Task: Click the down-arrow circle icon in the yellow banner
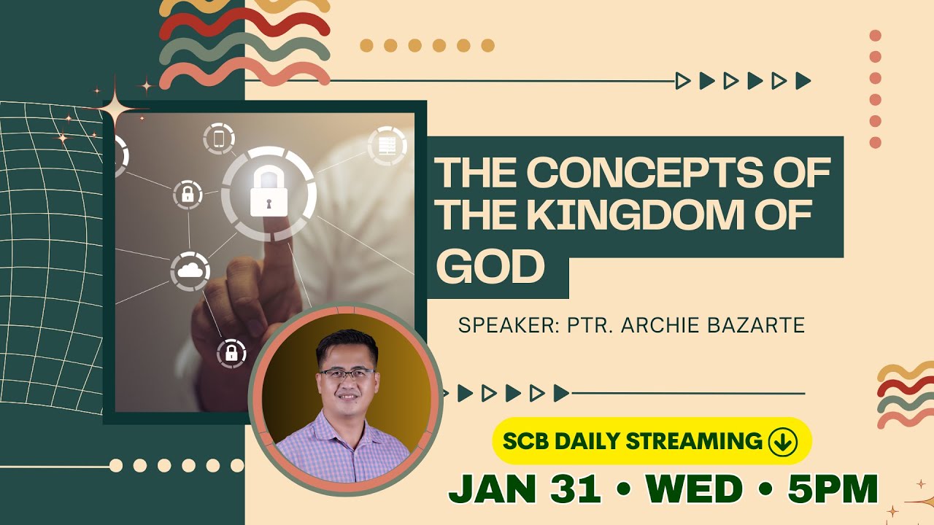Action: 782,441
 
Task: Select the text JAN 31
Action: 524,489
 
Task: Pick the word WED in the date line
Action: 693,489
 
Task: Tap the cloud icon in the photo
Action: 190,271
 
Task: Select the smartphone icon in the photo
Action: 218,139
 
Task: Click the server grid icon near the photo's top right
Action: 387,146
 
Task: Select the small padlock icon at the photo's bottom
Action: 231,354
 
